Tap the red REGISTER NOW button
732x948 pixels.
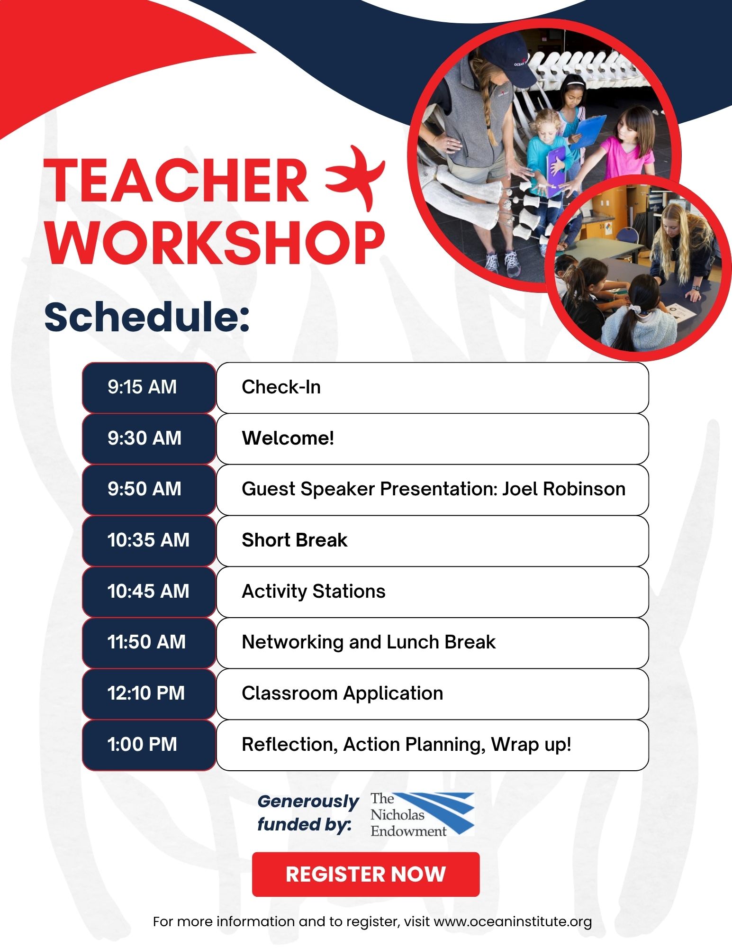[x=365, y=874]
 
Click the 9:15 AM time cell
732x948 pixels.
[x=149, y=387]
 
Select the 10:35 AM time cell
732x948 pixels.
[x=149, y=540]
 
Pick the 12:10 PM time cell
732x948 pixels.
[x=149, y=693]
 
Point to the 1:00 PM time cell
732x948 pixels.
[x=149, y=745]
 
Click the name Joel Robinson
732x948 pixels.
[x=563, y=489]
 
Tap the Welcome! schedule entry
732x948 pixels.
[x=288, y=438]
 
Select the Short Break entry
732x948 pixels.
[x=294, y=540]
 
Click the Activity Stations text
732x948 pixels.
[x=313, y=592]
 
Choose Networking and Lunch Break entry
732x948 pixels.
[x=368, y=642]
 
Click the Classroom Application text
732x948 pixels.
[x=342, y=693]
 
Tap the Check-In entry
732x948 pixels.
[x=281, y=387]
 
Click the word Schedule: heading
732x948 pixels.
[x=147, y=318]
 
